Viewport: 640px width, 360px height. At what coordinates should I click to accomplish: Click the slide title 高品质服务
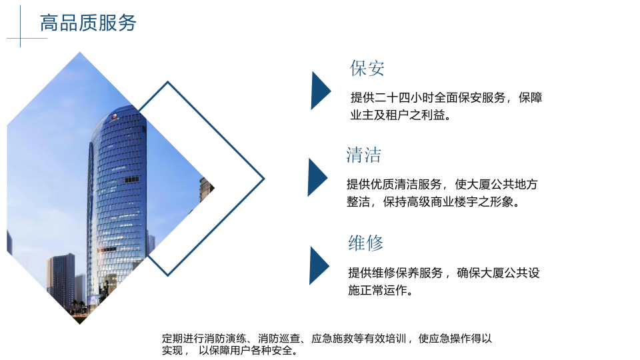[88, 23]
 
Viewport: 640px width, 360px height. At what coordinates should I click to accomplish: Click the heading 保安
[367, 68]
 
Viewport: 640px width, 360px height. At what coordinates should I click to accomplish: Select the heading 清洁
[363, 155]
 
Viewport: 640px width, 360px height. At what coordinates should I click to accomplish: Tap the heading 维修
[366, 243]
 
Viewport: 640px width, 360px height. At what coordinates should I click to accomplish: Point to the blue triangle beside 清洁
[316, 177]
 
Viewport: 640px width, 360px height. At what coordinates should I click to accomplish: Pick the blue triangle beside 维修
[318, 265]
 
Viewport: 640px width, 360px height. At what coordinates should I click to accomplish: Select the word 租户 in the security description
[408, 115]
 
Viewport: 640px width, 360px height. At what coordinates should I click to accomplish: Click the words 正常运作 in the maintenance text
[387, 290]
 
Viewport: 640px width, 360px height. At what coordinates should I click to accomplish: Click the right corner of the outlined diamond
[263, 179]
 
